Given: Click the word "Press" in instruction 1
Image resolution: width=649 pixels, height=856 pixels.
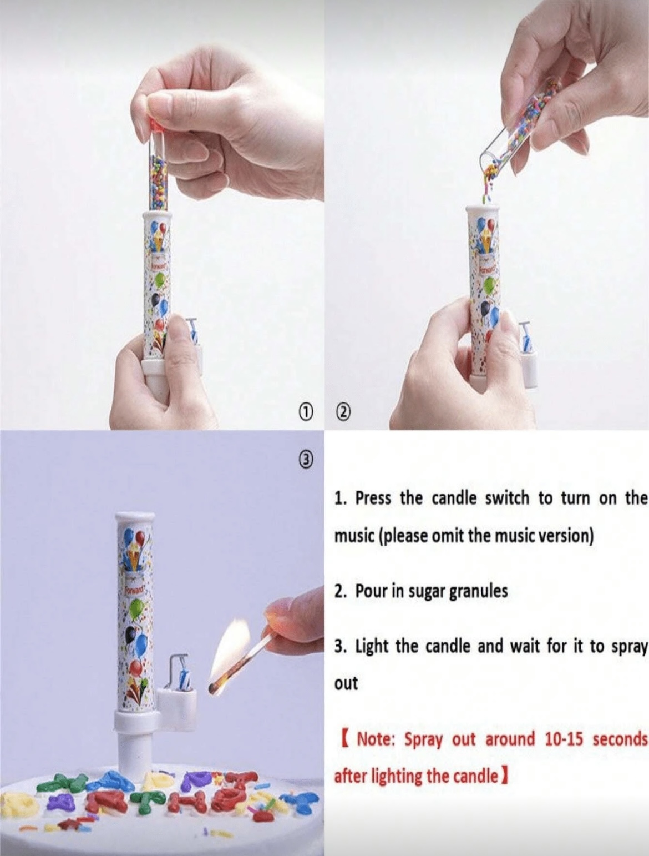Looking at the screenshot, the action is [372, 499].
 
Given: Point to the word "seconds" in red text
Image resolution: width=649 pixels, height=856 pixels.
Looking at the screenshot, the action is [620, 740].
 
